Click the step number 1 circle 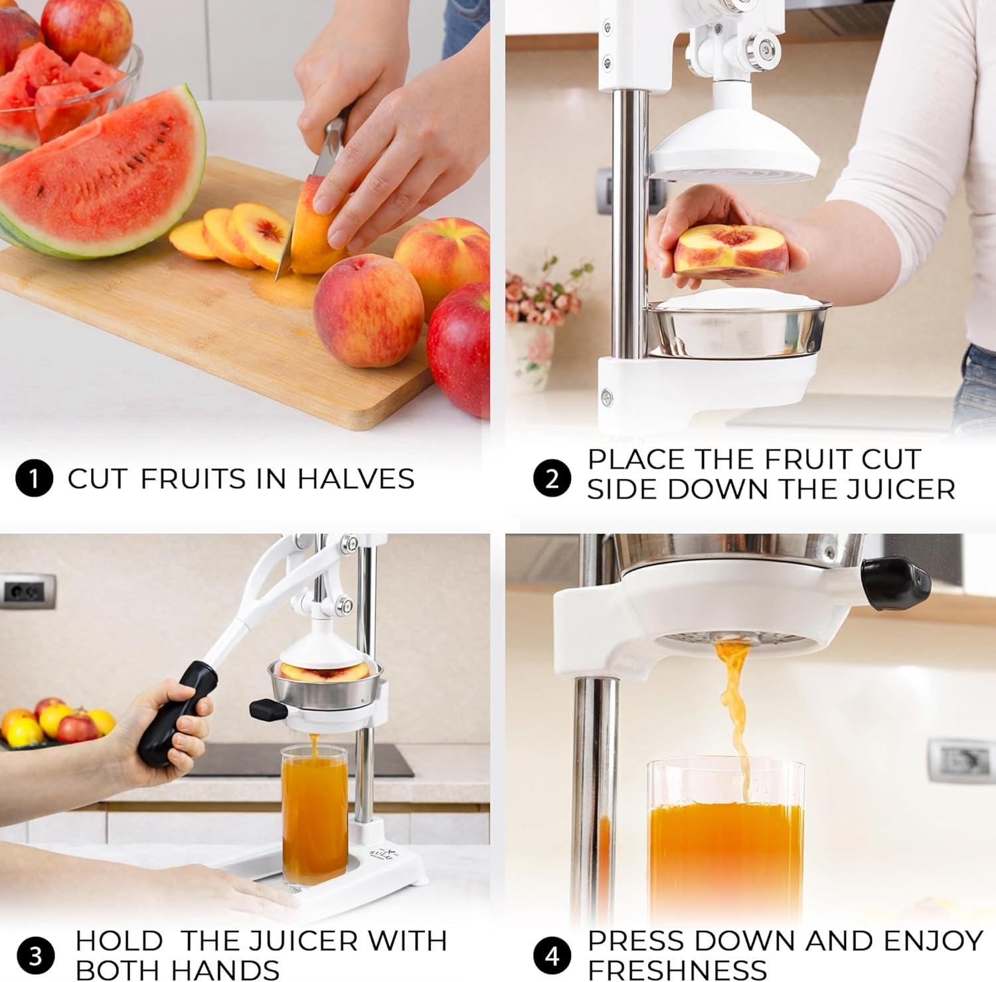[x=34, y=479]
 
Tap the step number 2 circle [x=552, y=478]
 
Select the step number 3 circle [x=36, y=957]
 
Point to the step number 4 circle [x=552, y=956]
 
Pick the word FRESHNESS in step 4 [x=677, y=969]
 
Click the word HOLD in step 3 [x=119, y=941]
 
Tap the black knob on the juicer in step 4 [x=895, y=581]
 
